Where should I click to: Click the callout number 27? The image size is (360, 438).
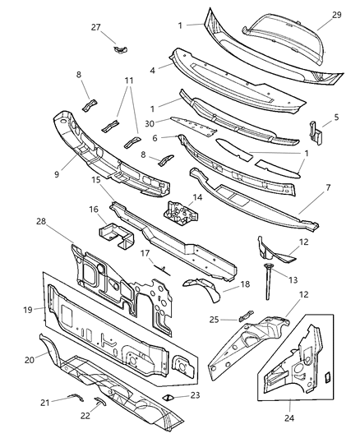(96, 27)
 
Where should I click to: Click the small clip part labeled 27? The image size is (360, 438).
(122, 49)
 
